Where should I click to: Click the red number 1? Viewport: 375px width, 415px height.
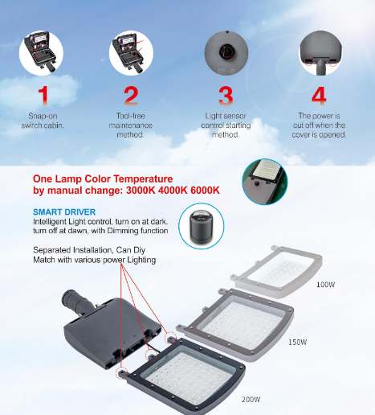43,95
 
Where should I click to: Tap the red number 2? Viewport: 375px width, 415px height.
131,95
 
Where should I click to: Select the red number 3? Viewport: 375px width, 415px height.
226,95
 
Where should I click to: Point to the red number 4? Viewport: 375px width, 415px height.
319,95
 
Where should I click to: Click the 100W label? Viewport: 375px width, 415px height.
325,285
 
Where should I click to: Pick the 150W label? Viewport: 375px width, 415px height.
297,342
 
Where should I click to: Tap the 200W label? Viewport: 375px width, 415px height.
251,400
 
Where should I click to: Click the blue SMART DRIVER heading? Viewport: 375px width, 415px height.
64,212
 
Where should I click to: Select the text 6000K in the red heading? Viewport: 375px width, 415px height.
205,191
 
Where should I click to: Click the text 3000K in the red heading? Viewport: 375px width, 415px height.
141,191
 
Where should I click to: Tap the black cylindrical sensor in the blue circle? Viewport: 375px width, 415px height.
202,226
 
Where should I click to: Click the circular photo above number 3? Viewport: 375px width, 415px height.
226,52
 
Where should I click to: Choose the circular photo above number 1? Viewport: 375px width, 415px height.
41,53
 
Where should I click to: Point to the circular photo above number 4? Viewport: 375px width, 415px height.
320,53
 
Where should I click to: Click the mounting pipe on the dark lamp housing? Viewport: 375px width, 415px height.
75,302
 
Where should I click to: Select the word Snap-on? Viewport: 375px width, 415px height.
43,116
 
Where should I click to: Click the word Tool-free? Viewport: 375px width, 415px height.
131,116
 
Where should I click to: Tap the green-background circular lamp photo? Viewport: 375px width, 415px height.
265,182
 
